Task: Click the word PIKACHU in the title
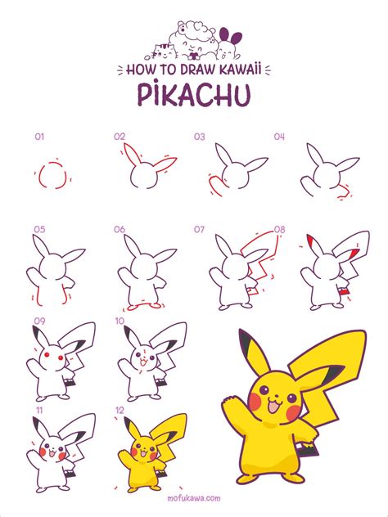point(194,95)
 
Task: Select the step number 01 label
point(39,137)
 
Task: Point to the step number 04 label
point(279,137)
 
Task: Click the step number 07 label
point(199,229)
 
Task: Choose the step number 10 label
point(120,321)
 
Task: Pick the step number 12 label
point(120,410)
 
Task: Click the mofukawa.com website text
point(194,498)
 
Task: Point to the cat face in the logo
point(164,51)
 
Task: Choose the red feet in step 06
point(142,307)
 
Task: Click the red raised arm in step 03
point(215,187)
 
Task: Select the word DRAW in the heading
point(194,70)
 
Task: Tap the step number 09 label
point(39,321)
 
